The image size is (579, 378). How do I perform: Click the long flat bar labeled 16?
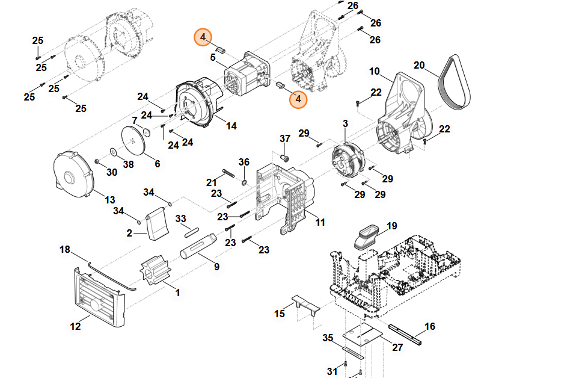pos(406,334)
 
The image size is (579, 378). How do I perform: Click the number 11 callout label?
pos(320,222)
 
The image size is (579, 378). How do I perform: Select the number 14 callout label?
pos(231,126)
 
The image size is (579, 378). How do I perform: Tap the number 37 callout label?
pos(285,139)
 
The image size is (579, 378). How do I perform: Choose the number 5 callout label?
pos(213,58)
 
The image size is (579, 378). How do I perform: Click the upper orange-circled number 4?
pos(203,37)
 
